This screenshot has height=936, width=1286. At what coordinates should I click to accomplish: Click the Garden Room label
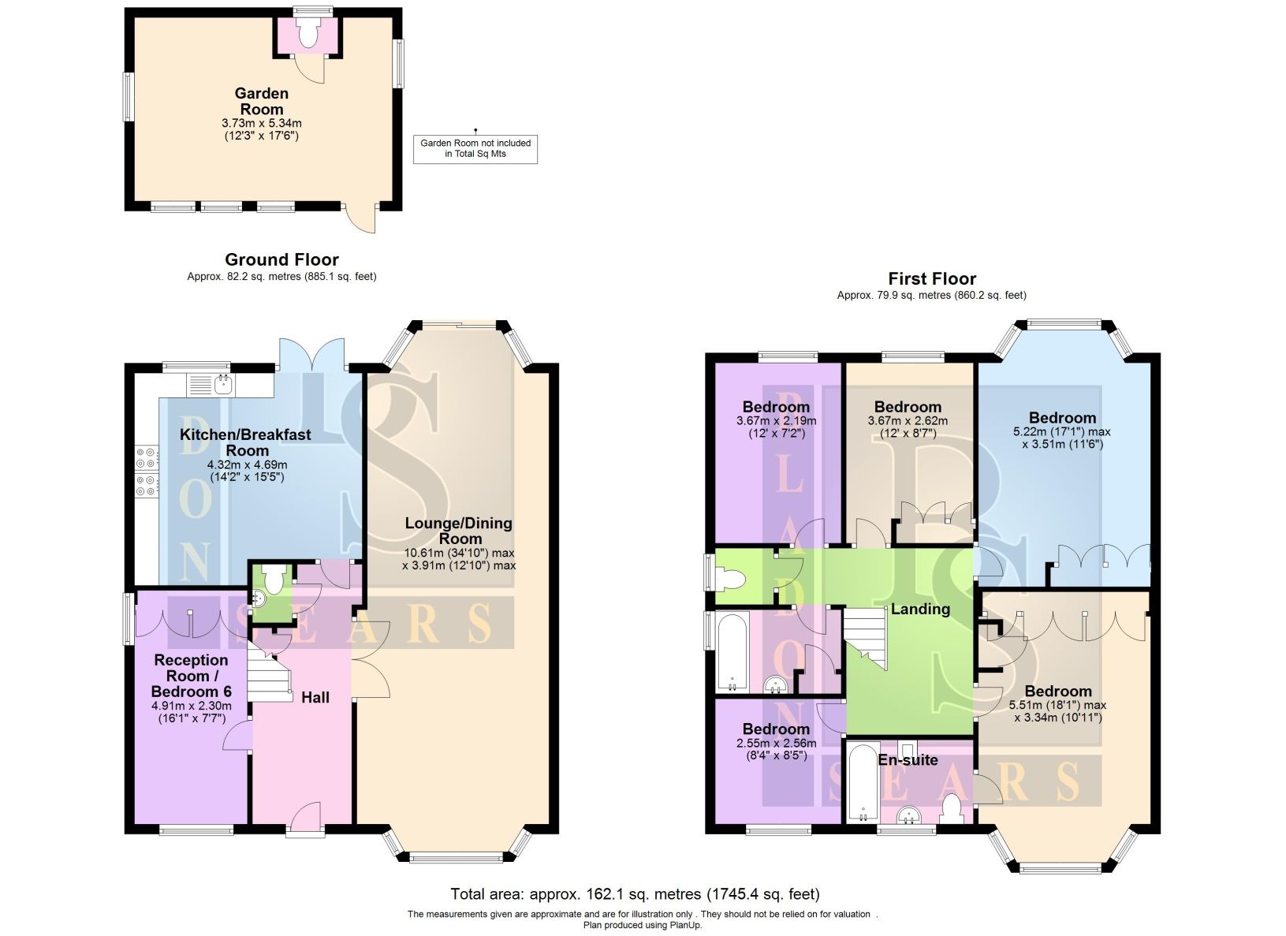(x=262, y=101)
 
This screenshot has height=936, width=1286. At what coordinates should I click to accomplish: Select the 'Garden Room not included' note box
(x=475, y=148)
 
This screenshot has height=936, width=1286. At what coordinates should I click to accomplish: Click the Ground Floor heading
(x=281, y=259)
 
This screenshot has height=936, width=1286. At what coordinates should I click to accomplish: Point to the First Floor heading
(x=931, y=278)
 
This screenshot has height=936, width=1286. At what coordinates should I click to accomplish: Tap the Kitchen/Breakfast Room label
(x=245, y=442)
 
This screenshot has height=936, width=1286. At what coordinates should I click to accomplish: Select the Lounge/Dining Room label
(x=458, y=531)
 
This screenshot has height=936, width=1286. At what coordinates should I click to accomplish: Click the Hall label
(x=315, y=697)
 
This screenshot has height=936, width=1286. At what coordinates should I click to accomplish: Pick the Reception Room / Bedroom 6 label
(x=192, y=675)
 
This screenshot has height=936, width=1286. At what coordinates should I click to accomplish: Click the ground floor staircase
(x=267, y=670)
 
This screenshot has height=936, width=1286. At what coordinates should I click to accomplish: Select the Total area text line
(x=635, y=894)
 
